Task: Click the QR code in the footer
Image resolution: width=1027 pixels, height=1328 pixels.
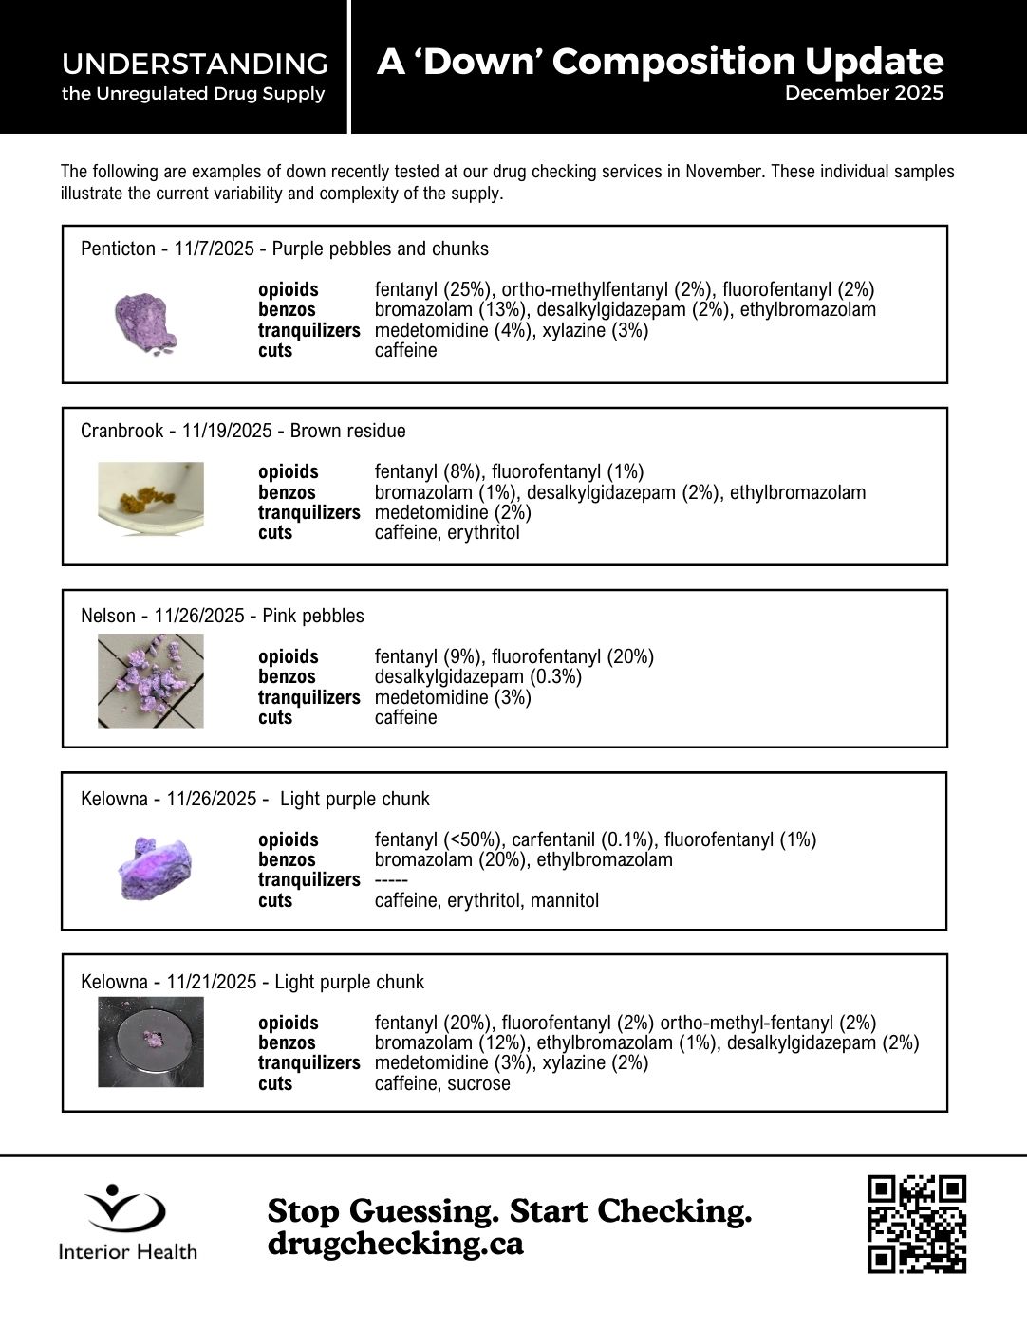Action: (916, 1224)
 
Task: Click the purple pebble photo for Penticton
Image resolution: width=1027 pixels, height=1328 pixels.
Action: (145, 323)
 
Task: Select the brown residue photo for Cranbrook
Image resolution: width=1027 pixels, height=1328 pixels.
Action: (151, 498)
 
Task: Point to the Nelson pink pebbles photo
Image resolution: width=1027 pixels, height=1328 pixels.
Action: (151, 681)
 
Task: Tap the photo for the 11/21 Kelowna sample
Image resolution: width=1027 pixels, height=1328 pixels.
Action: (151, 1042)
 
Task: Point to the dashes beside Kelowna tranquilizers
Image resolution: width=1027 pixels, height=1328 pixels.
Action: (391, 880)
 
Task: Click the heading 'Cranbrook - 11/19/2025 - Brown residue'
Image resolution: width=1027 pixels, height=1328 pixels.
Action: (243, 431)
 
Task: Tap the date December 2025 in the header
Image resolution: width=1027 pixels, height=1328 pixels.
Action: (864, 93)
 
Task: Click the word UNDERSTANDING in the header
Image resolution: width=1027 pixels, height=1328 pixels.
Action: (195, 65)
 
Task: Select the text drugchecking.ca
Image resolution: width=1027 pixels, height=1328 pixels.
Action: (395, 1244)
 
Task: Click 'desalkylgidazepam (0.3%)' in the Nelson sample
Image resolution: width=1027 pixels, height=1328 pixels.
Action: (477, 676)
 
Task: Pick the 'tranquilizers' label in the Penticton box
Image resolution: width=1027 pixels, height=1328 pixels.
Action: (308, 330)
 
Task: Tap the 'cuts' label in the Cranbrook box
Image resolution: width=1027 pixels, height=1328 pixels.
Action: (275, 532)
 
